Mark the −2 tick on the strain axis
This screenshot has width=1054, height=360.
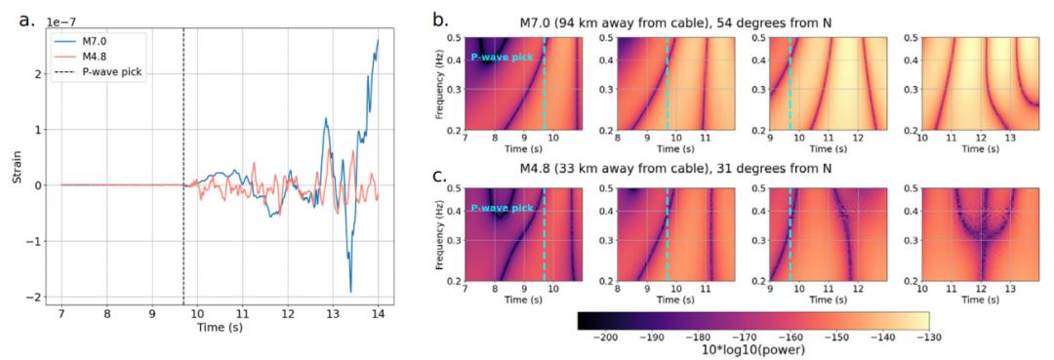coord(33,297)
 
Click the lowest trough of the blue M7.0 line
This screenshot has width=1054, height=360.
coord(351,292)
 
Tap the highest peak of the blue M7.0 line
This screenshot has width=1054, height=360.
coord(378,40)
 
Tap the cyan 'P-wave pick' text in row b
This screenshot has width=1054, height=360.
coord(502,58)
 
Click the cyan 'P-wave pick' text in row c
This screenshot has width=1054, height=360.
coord(502,208)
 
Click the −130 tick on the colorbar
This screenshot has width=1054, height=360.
coord(928,339)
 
